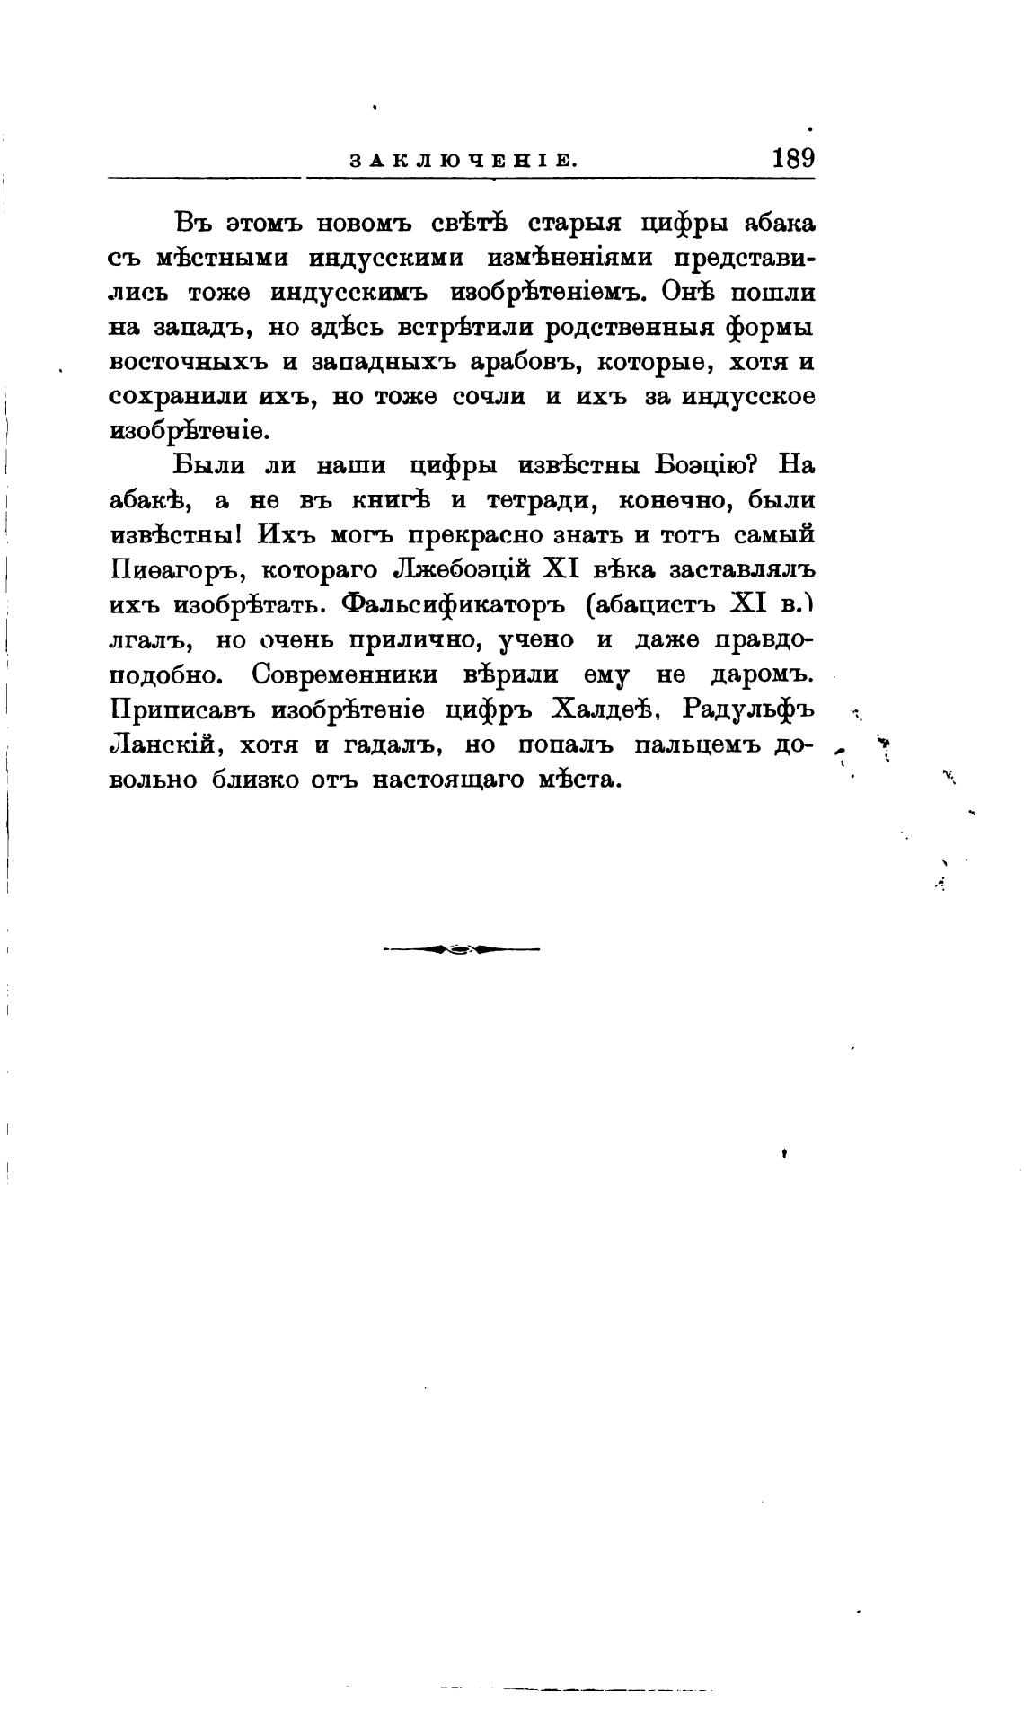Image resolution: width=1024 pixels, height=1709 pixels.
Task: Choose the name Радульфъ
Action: click(747, 709)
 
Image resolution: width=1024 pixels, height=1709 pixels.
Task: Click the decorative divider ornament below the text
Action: click(461, 948)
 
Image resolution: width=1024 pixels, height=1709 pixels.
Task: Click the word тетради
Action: click(535, 500)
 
